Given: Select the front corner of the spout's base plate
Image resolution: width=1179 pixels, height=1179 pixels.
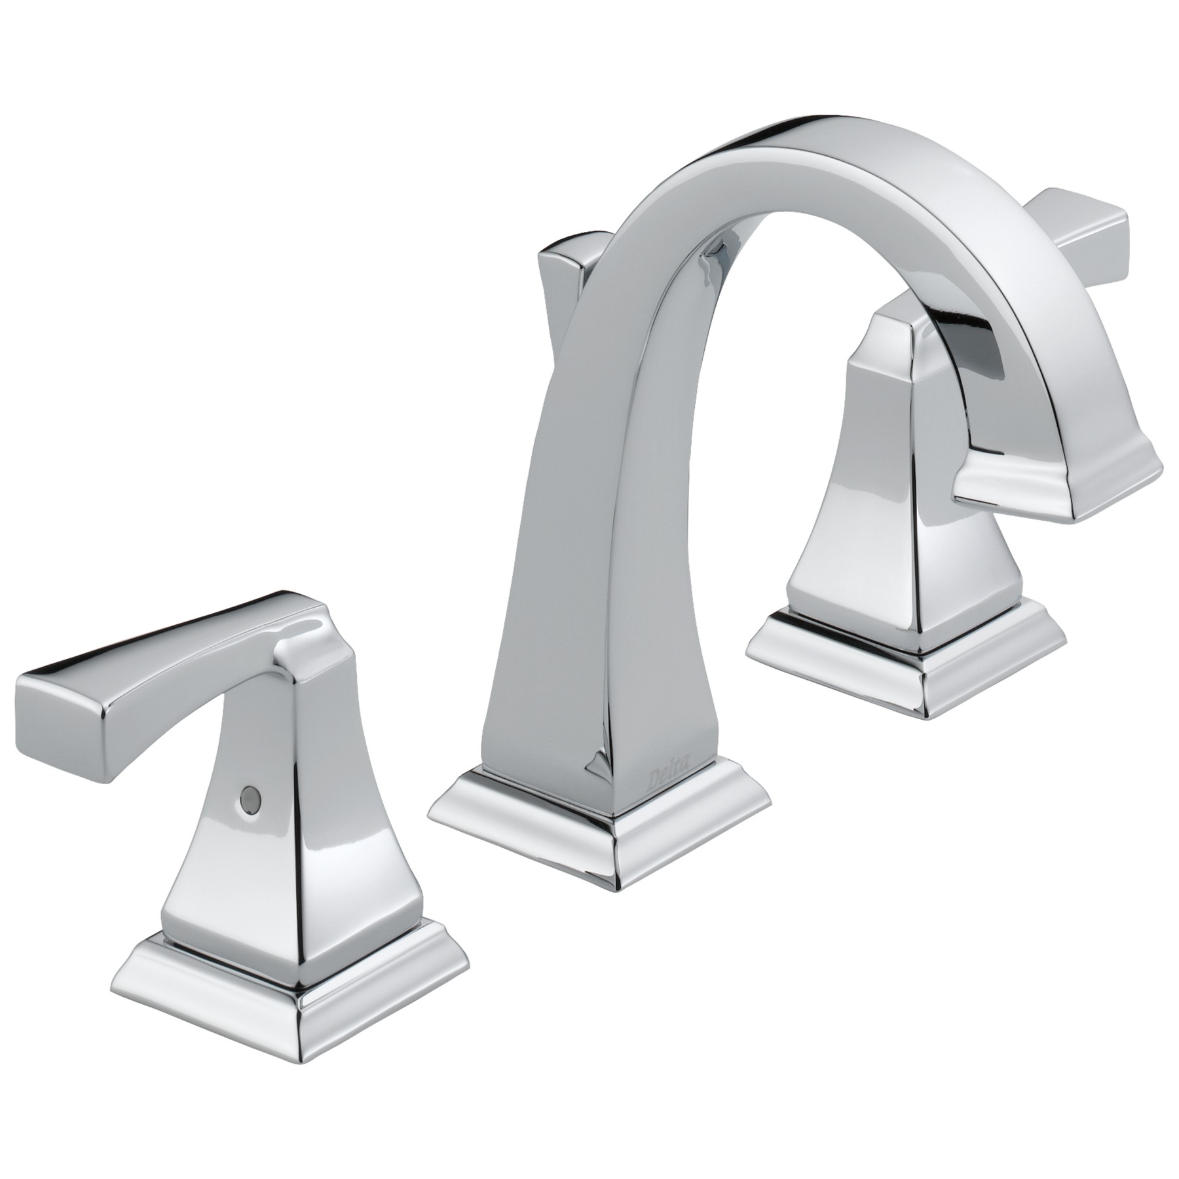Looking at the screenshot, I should pos(616,871).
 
